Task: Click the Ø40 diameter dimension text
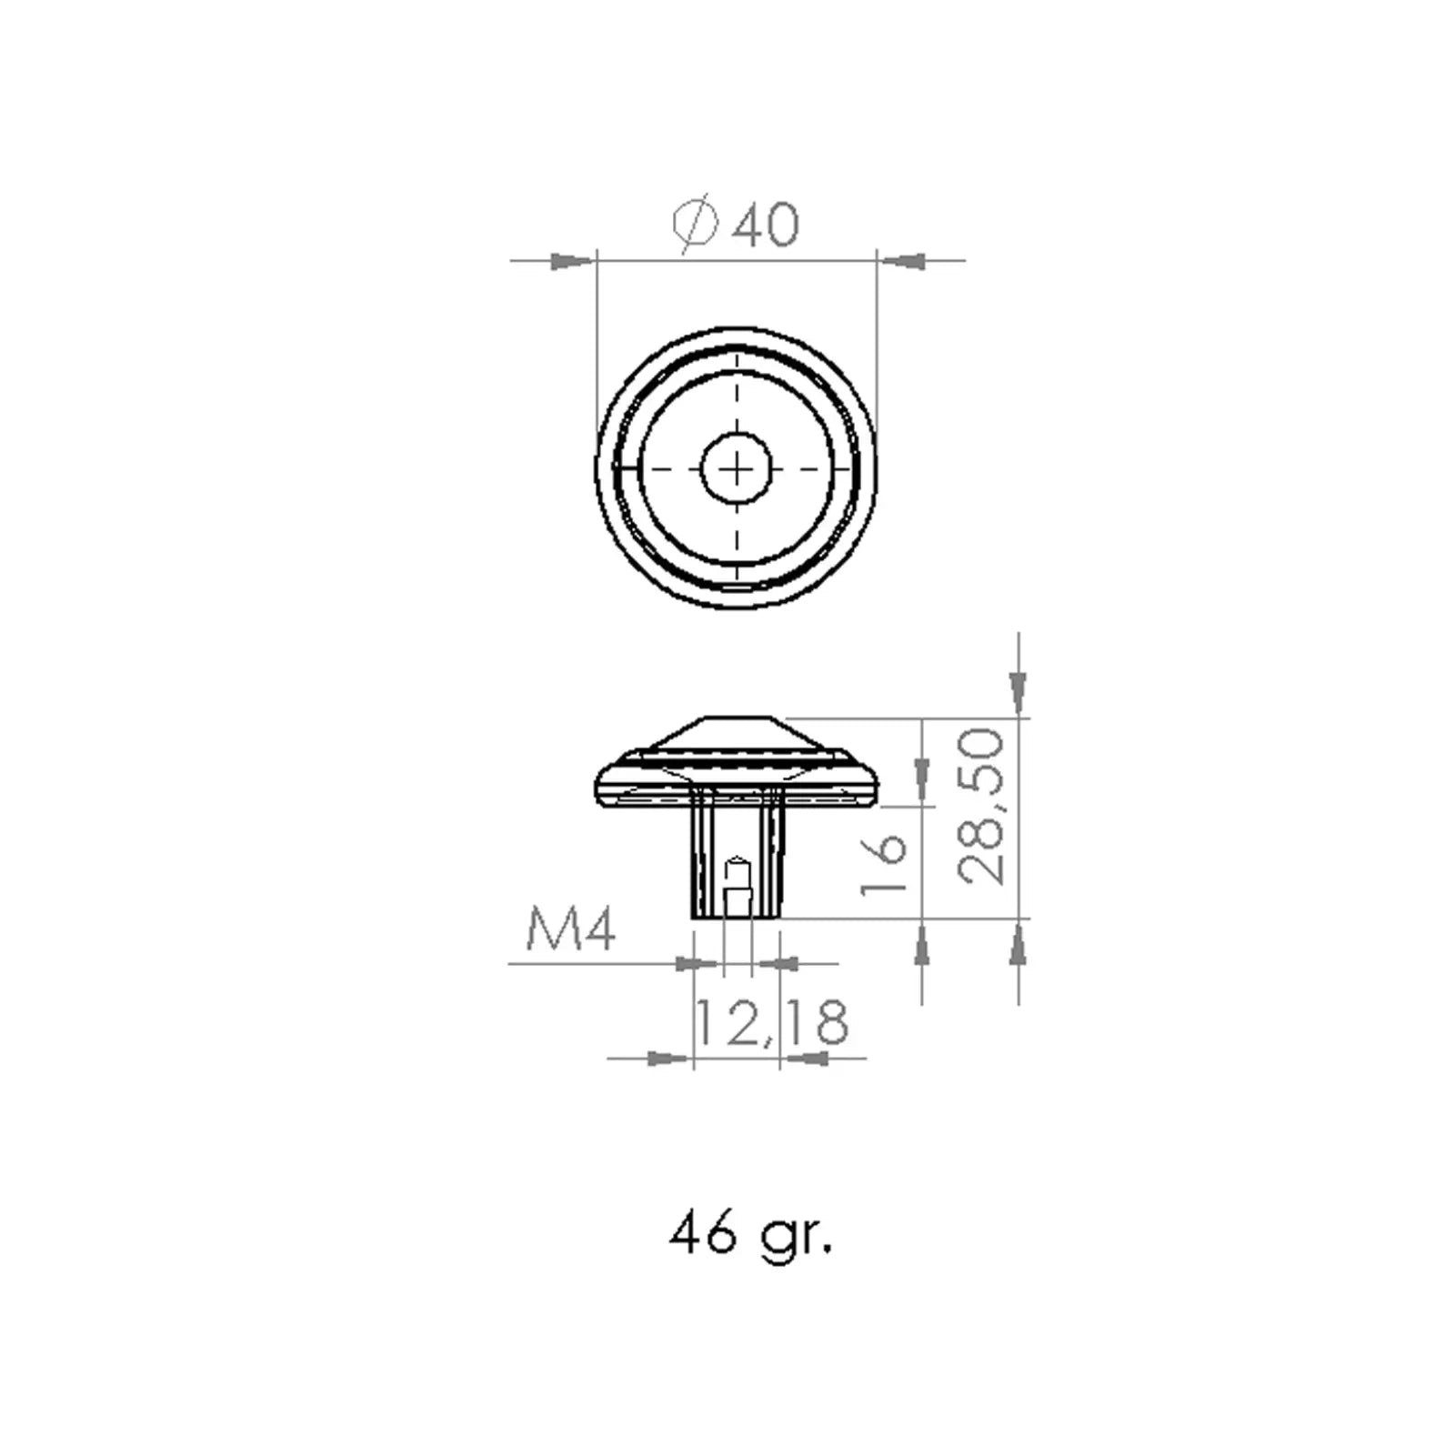click(x=737, y=223)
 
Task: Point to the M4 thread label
click(x=571, y=929)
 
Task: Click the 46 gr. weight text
click(x=750, y=1235)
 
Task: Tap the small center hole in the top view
click(x=737, y=468)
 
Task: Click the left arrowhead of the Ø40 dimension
click(x=574, y=261)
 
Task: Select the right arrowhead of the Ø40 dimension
click(x=899, y=261)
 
